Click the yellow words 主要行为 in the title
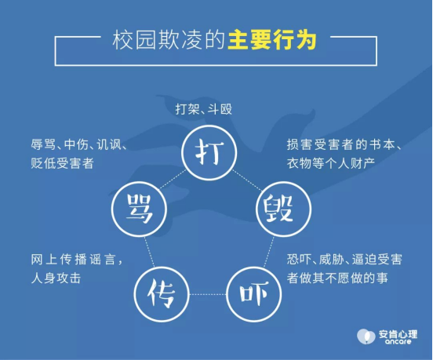(272, 41)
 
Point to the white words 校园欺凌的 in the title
(169, 41)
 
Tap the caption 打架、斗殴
(204, 109)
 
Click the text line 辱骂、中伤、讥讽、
(79, 144)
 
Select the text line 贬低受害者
(63, 163)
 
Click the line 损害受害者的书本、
(344, 144)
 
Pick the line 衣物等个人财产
(331, 163)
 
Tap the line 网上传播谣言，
(77, 260)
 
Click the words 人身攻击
(56, 278)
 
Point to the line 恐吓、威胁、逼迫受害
(344, 260)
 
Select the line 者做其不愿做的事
(337, 278)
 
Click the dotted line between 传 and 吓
(208, 294)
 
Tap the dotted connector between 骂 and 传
(149, 252)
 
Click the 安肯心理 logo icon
(366, 336)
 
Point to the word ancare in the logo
(398, 341)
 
